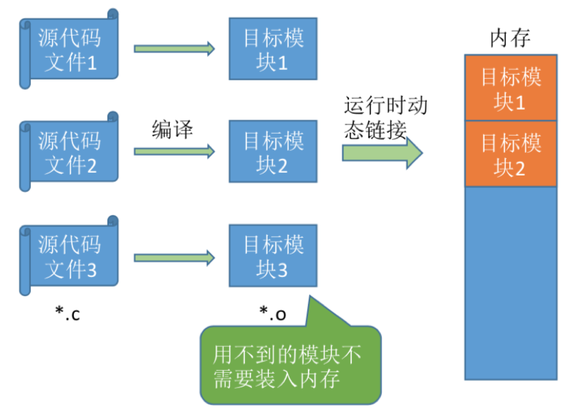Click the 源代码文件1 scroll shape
tap(69, 49)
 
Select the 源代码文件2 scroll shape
tap(69, 152)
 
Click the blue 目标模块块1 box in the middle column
tap(273, 49)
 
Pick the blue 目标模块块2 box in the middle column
tap(273, 152)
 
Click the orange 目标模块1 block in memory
tap(511, 88)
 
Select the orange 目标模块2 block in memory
tap(511, 154)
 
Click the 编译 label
tap(173, 129)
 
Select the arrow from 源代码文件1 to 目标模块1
tap(175, 49)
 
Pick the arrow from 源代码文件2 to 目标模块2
tap(175, 152)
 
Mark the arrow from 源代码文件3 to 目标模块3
tap(175, 258)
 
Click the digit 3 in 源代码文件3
tap(91, 269)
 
